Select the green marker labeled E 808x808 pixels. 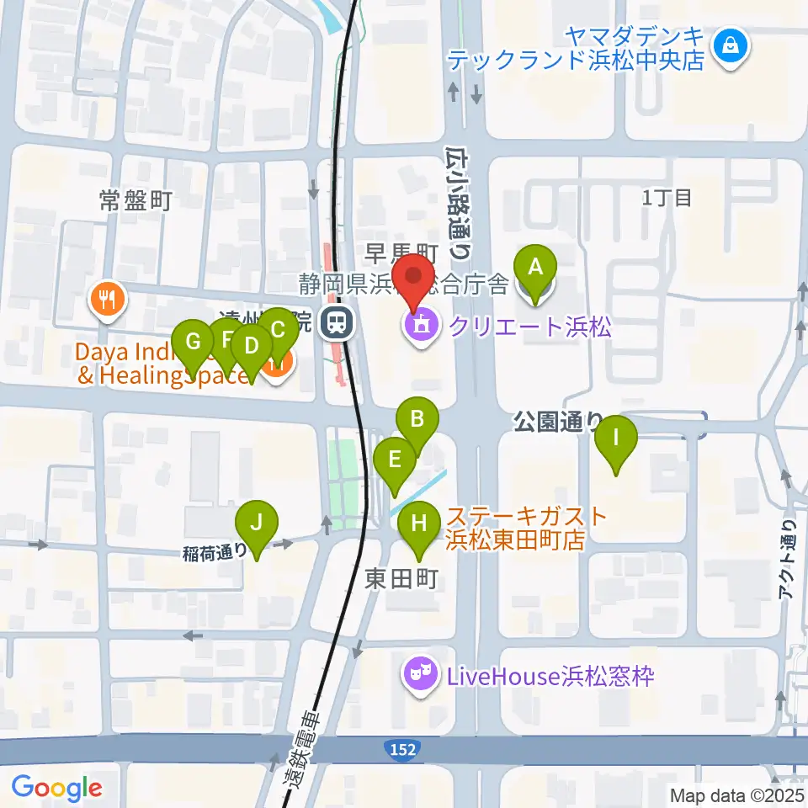tap(394, 461)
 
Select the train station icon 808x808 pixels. tap(338, 321)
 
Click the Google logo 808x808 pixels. tap(56, 788)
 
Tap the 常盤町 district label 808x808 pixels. tap(136, 200)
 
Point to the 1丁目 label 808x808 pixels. tap(667, 198)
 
